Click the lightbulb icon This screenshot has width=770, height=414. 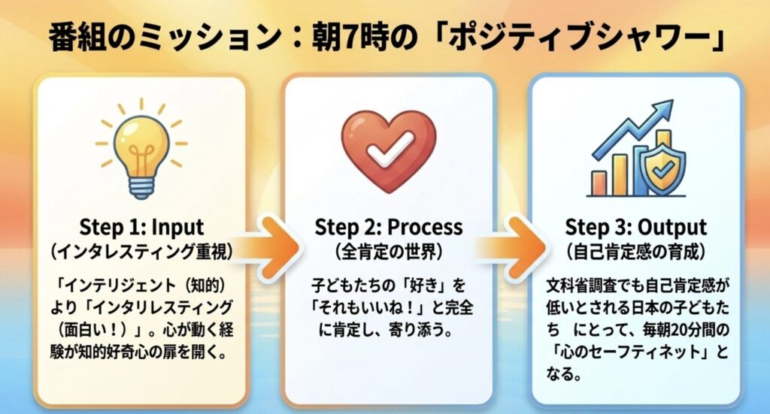coord(141,150)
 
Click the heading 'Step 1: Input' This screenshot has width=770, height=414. coord(140,225)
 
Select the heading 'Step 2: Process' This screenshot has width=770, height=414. coord(388,226)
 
